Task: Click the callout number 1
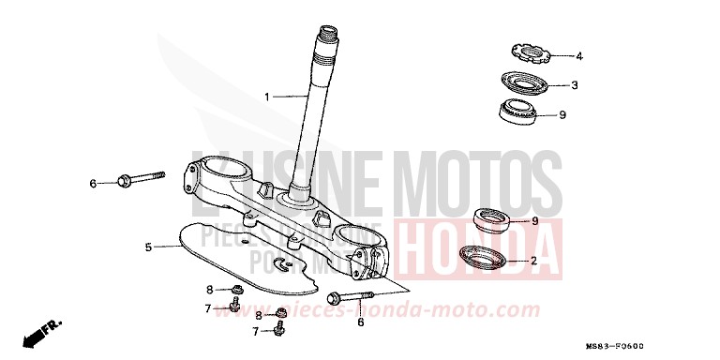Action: [266, 97]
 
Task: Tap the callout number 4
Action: [578, 56]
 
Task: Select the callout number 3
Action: [575, 85]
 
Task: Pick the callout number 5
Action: [148, 247]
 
